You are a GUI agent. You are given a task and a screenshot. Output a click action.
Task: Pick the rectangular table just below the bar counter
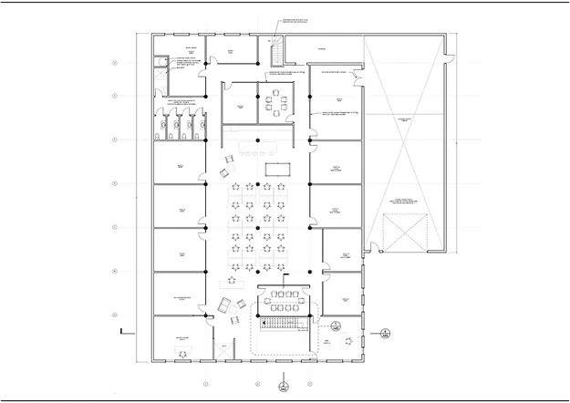pyautogui.click(x=276, y=169)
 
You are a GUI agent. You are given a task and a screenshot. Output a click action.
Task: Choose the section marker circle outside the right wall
pyautogui.click(x=387, y=332)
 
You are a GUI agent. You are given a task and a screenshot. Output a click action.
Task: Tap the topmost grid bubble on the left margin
pyautogui.click(x=115, y=63)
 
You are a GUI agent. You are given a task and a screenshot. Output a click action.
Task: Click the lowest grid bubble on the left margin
pyautogui.click(x=115, y=315)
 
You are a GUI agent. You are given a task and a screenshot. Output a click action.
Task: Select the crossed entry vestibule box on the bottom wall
pyautogui.click(x=223, y=347)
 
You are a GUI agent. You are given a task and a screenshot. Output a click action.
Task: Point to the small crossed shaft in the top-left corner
pyautogui.click(x=159, y=63)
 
